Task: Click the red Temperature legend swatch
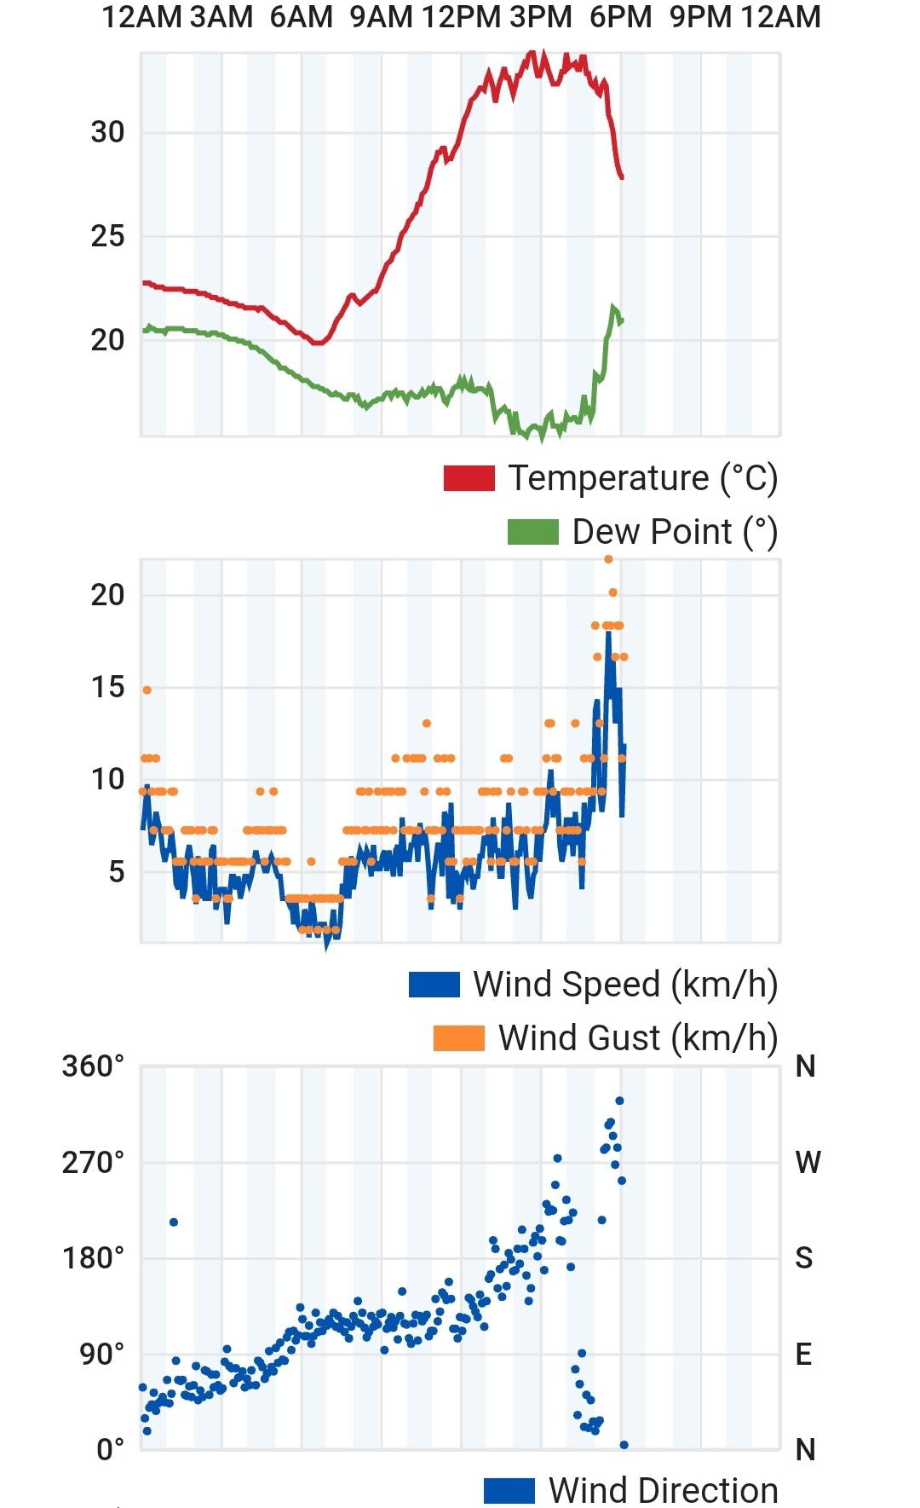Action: coord(469,478)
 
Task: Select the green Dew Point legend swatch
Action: coord(532,532)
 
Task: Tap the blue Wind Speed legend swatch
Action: coord(434,985)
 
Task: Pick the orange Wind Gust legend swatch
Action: coord(458,1038)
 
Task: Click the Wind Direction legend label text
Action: coord(664,1491)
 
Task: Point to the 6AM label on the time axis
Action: coord(302,17)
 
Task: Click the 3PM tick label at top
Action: coord(541,17)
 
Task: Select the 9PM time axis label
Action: coord(700,17)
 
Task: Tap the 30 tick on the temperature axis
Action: coord(107,132)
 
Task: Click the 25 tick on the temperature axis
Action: coord(107,236)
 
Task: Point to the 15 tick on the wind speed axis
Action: coord(107,687)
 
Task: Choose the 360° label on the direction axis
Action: coord(93,1066)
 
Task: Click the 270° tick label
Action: coord(93,1162)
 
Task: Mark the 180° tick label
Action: coord(93,1258)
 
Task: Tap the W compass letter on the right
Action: coord(808,1162)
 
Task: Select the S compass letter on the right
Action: coord(804,1258)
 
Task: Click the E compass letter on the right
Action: coord(803,1355)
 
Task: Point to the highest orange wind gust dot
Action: coord(608,559)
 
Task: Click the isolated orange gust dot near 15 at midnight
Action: coord(147,690)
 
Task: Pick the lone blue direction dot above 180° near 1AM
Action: coord(174,1222)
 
